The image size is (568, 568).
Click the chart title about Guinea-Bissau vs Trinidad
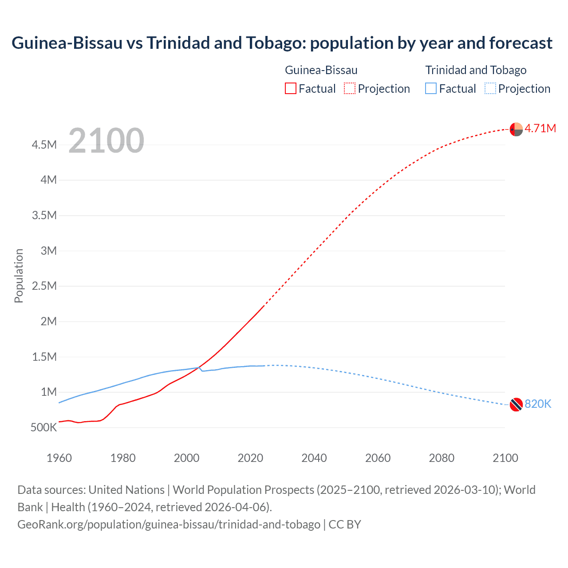282,43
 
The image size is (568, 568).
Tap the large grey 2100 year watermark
106,141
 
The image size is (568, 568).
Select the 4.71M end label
540,129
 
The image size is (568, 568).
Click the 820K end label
538,404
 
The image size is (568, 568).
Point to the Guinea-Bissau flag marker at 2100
516,129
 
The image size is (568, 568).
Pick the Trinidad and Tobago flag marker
516,405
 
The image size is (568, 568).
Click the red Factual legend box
290,89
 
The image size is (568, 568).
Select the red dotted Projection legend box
350,89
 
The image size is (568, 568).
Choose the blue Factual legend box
431,89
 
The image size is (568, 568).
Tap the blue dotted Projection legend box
490,89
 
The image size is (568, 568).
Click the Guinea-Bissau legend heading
321,70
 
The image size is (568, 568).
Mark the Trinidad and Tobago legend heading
476,70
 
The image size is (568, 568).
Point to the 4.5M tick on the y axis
44,145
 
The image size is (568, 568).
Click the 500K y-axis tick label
44,428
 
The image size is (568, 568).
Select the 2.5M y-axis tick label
44,286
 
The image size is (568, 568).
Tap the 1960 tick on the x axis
59,458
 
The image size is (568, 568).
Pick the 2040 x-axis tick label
314,458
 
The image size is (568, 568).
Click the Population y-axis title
19,276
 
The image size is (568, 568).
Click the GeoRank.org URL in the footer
169,525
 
